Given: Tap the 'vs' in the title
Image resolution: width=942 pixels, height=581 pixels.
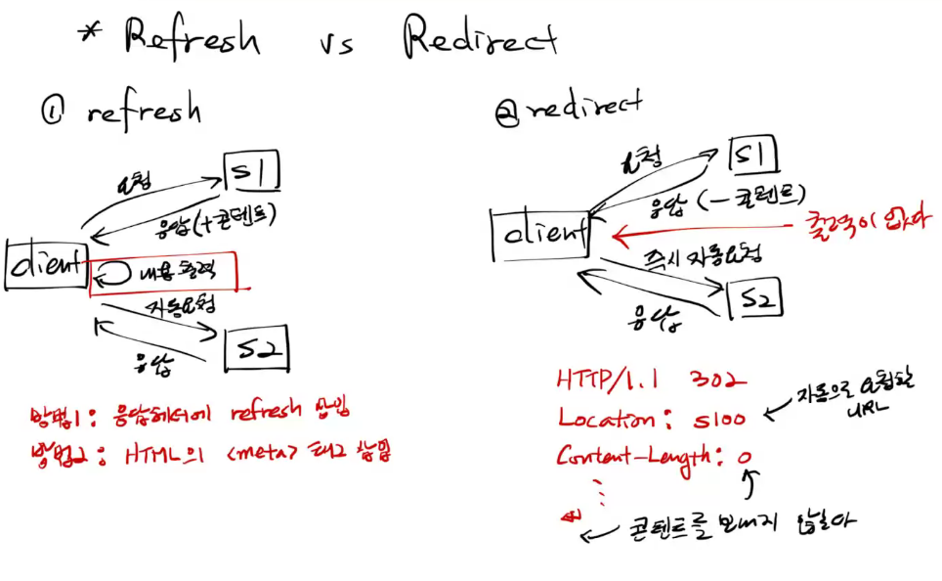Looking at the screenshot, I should (338, 42).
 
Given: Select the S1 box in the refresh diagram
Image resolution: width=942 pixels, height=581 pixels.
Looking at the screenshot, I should (252, 172).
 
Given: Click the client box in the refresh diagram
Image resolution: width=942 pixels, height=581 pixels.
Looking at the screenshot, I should (47, 264).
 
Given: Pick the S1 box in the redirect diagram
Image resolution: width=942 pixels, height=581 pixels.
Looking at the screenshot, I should (756, 154).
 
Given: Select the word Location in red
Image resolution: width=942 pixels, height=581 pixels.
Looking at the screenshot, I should (606, 418).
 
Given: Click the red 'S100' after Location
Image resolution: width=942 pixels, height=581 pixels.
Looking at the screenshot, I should (720, 419).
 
